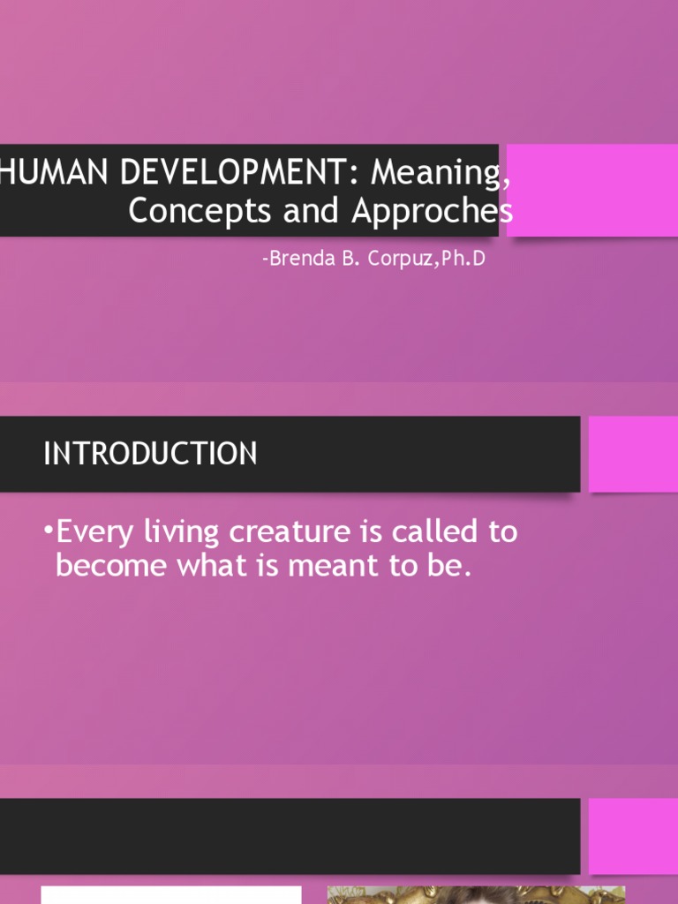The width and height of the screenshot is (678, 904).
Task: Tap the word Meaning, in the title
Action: pos(440,173)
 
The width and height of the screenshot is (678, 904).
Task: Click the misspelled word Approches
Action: pos(432,210)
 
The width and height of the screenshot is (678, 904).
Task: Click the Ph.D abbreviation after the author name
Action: pos(465,260)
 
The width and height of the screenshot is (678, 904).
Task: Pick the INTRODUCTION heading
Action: pos(150,454)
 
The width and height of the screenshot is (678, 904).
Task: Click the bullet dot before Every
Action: pos(48,532)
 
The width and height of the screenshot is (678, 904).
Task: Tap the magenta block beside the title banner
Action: pos(592,191)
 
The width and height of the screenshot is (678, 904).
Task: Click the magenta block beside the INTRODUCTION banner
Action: pos(632,454)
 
